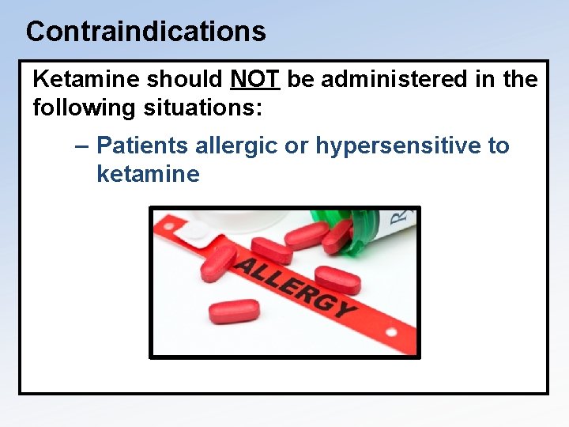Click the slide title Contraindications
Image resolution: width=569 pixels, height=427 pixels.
coord(145,32)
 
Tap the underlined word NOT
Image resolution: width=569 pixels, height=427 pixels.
coord(255,80)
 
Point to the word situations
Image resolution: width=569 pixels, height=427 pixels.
coord(213,107)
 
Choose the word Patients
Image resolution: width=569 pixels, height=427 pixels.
coord(142,146)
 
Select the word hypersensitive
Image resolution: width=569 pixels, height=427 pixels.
coord(391,146)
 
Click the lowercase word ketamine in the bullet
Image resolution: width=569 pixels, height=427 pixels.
coord(148,174)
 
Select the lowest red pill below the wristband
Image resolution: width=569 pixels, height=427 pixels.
coord(234,311)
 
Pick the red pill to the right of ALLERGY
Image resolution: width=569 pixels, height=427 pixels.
coord(337,279)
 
